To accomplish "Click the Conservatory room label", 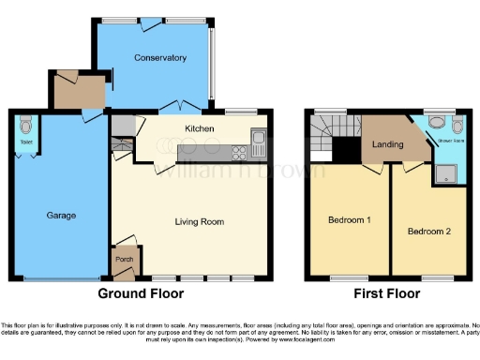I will click(159, 58).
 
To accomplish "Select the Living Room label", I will click(200, 222).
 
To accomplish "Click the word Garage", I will click(61, 216).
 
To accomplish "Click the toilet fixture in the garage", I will click(24, 126).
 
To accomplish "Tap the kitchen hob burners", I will click(235, 151).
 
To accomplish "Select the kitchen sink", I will click(259, 144).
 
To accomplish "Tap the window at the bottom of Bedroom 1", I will click(348, 278).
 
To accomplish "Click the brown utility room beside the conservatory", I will click(79, 92).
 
